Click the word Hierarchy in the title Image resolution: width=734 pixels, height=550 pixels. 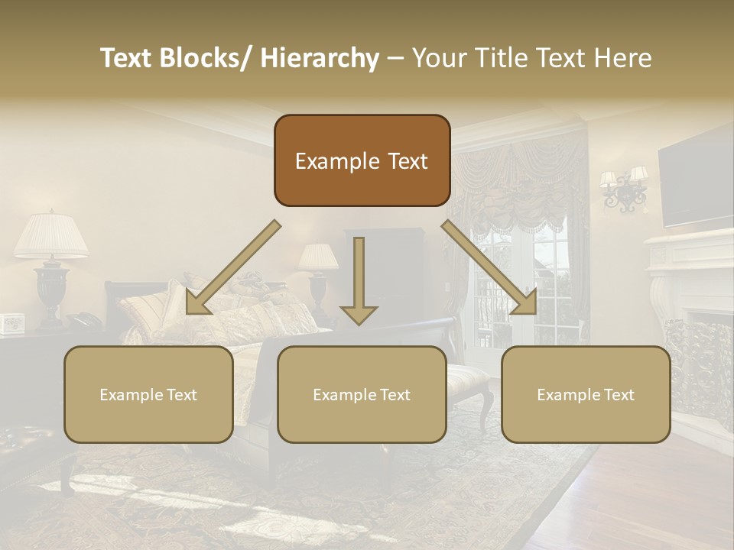point(320,58)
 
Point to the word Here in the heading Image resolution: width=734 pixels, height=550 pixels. point(624,58)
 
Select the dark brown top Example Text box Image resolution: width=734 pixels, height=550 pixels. point(362,161)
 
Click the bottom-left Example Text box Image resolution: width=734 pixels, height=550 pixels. point(148,395)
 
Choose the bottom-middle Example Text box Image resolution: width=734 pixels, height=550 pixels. point(362,395)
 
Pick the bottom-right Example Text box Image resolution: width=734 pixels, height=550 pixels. point(586,395)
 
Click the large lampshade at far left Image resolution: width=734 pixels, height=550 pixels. point(51,235)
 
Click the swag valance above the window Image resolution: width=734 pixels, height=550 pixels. point(520,183)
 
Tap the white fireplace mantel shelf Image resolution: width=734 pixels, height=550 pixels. point(688,243)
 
